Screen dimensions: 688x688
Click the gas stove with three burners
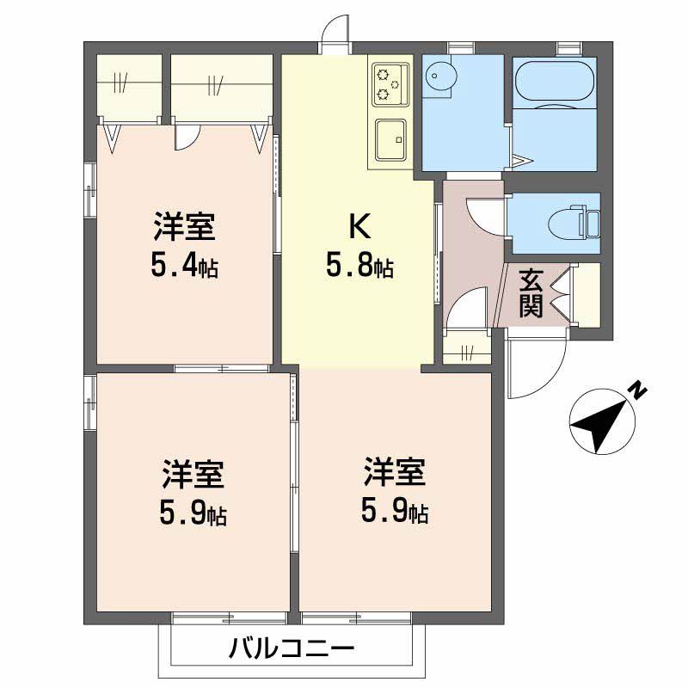[x=390, y=84]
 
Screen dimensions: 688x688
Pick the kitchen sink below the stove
[x=391, y=139]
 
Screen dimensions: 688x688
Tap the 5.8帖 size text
[x=359, y=266]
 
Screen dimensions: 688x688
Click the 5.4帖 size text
[x=185, y=266]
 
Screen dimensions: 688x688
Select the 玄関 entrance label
[x=531, y=292]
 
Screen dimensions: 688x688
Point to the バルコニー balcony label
[x=292, y=648]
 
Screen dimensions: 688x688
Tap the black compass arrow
[x=601, y=422]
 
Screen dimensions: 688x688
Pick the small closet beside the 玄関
[x=587, y=294]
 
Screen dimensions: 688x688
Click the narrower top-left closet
[x=129, y=87]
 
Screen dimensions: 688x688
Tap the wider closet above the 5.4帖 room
[x=221, y=87]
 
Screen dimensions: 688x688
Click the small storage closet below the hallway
[x=467, y=348]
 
